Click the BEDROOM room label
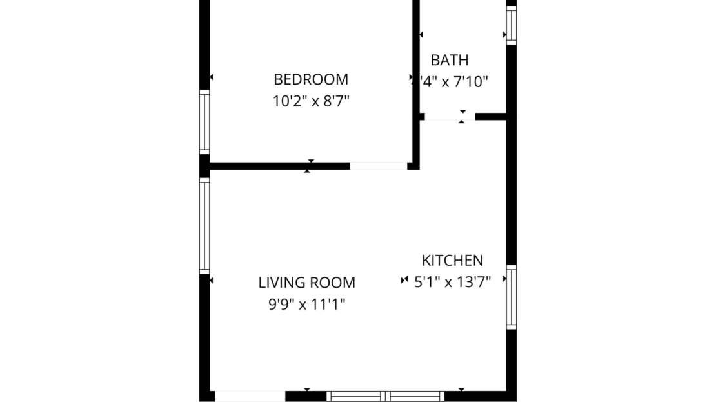[x=311, y=79]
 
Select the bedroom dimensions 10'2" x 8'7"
[x=311, y=101]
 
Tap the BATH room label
[x=450, y=61]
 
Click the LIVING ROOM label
[x=306, y=283]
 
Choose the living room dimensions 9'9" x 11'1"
[x=306, y=305]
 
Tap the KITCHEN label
[x=452, y=261]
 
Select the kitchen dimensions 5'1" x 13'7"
[x=452, y=281]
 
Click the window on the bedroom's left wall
[x=204, y=122]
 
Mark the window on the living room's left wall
[x=204, y=226]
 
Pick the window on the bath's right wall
[x=511, y=25]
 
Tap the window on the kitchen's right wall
[x=511, y=297]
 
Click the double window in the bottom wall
[x=385, y=396]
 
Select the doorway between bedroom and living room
[x=379, y=166]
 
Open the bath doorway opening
[x=450, y=117]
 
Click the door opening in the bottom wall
[x=250, y=396]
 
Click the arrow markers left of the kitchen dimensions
[x=404, y=280]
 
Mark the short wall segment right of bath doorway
[x=490, y=117]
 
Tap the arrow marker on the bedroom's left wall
[x=211, y=77]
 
